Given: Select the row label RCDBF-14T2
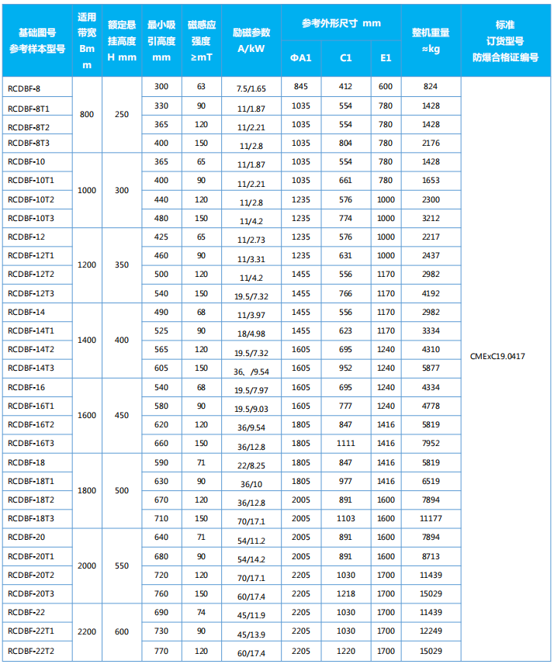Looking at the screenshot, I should point(31,349).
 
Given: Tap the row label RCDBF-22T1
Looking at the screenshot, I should point(31,632).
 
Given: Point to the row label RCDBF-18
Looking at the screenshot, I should point(26,462).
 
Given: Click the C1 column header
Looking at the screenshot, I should point(346,58).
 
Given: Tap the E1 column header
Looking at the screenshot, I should point(386,58).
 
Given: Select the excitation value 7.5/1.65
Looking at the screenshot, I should point(251,89).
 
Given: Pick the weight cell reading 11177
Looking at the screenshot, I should point(431,518).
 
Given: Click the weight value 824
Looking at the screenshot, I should point(431,86).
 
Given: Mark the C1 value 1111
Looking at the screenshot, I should point(346,443).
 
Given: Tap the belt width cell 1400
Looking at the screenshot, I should point(87,340).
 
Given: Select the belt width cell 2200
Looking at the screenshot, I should point(87,632).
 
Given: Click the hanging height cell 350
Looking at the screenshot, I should point(122,265).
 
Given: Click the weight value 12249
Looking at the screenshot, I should point(431,632).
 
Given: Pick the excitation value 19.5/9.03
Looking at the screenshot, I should point(251,409).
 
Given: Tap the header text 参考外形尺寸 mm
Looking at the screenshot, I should point(341,24).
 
